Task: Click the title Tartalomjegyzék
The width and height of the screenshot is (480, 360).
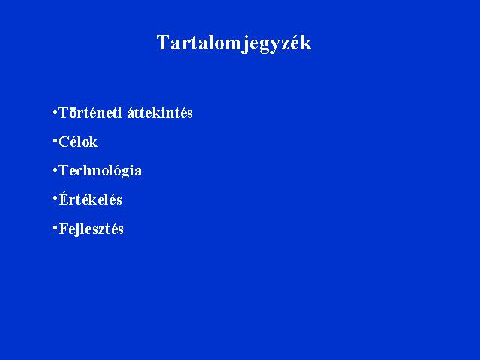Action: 234,43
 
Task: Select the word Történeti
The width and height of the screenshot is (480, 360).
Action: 90,112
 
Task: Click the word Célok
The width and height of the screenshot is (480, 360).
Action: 78,142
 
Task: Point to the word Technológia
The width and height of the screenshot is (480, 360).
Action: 100,171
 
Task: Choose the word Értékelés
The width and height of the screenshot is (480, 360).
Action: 90,199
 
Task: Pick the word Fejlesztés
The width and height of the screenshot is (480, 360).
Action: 91,229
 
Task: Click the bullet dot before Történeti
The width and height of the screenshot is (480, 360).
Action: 55,112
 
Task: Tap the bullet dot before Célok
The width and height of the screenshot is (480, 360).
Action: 55,141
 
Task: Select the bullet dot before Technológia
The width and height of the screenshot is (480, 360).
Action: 55,170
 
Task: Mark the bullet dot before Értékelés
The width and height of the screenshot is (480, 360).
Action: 55,199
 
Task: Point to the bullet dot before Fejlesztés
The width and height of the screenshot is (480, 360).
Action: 55,228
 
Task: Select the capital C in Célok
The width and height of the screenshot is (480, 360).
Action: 64,142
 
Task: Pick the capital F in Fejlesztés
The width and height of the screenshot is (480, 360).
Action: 63,229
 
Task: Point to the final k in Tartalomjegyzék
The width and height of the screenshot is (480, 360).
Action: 305,43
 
